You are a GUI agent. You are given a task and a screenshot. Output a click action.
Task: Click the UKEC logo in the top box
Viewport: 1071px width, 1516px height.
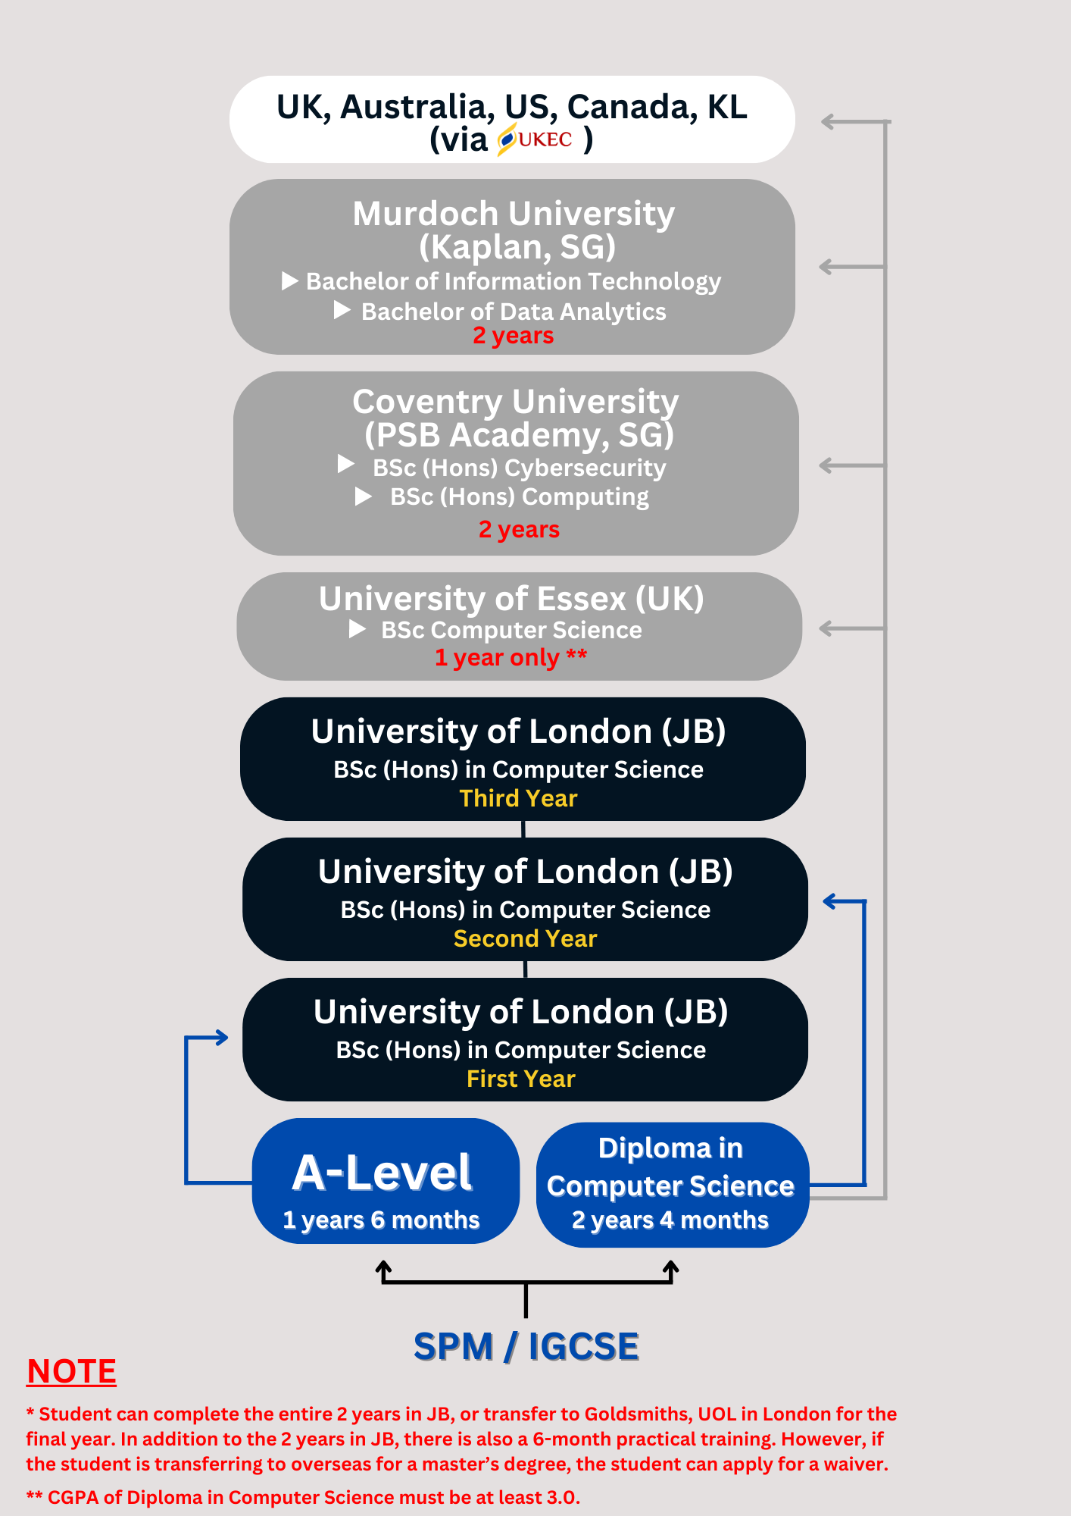535,139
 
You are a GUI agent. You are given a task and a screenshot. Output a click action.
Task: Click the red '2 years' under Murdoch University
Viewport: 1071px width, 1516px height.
514,336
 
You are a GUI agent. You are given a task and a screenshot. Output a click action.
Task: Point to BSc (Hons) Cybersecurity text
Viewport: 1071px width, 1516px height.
520,468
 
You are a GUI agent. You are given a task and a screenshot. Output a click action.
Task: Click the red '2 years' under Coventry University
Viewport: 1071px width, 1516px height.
520,529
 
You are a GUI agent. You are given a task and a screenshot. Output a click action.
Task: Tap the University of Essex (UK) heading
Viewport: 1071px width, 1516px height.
511,599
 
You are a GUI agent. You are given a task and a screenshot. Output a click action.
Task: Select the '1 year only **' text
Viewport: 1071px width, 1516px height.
511,657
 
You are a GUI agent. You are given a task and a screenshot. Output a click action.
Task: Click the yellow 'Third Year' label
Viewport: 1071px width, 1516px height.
519,798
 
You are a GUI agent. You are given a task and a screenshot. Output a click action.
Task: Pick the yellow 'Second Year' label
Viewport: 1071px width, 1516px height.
526,938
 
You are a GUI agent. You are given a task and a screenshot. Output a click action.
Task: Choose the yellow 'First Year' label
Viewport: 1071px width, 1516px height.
521,1079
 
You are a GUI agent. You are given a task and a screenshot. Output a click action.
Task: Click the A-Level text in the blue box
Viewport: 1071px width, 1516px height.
382,1173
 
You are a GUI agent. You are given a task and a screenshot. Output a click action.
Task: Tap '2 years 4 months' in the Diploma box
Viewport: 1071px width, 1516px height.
670,1220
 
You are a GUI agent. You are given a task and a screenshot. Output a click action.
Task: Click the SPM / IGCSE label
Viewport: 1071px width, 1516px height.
526,1347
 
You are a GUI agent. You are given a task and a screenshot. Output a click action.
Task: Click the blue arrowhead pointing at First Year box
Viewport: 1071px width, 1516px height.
221,1038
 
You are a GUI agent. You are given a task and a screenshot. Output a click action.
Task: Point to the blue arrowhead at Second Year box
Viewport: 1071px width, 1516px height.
830,901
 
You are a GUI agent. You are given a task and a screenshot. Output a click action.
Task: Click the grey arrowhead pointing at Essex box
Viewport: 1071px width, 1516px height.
827,628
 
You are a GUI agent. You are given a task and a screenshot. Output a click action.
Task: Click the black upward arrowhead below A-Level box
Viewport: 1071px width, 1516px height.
384,1267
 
